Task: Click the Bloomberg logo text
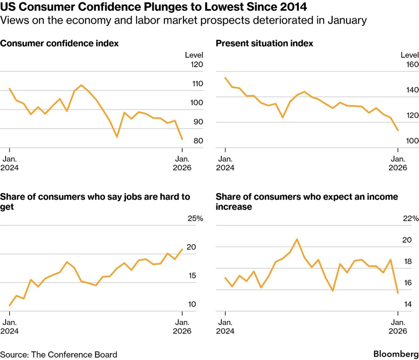point(396,354)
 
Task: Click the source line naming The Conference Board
point(59,354)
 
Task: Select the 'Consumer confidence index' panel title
point(59,43)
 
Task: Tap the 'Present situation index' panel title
point(264,43)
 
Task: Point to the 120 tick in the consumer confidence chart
point(197,65)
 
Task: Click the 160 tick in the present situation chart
point(412,65)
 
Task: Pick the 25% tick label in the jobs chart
point(195,218)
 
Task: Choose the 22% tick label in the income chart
point(411,218)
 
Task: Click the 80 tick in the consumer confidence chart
point(198,141)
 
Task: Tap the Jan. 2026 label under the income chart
point(398,327)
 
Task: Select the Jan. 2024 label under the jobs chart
point(9,327)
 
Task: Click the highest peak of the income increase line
point(297,239)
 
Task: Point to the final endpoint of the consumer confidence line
point(182,139)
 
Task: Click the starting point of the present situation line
point(225,78)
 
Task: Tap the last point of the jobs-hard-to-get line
point(182,249)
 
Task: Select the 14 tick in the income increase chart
point(408,304)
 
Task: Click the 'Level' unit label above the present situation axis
point(410,55)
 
